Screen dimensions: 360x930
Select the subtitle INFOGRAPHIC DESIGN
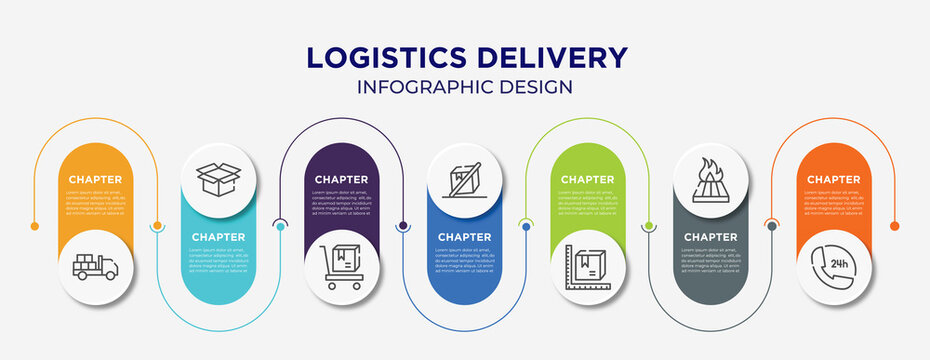coord(465,87)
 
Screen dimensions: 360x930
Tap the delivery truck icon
coord(96,267)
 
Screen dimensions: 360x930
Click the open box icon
coord(218,178)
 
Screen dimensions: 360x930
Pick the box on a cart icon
coord(342,267)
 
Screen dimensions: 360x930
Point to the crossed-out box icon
coord(464,178)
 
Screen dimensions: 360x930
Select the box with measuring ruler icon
coord(587,267)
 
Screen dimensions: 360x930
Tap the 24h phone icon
coord(833,267)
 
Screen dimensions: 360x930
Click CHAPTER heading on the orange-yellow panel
coord(96,180)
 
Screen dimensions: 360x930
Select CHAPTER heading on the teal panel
coord(218,237)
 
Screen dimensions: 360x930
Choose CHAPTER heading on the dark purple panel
coord(342,180)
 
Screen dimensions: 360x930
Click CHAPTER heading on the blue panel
coord(464,237)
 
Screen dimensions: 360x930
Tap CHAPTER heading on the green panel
coord(587,180)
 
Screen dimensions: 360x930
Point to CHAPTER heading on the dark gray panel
coord(710,237)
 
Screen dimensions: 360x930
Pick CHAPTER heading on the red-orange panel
coord(833,180)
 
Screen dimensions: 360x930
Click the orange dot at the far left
coord(35,226)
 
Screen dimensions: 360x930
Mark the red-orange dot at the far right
coord(894,226)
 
